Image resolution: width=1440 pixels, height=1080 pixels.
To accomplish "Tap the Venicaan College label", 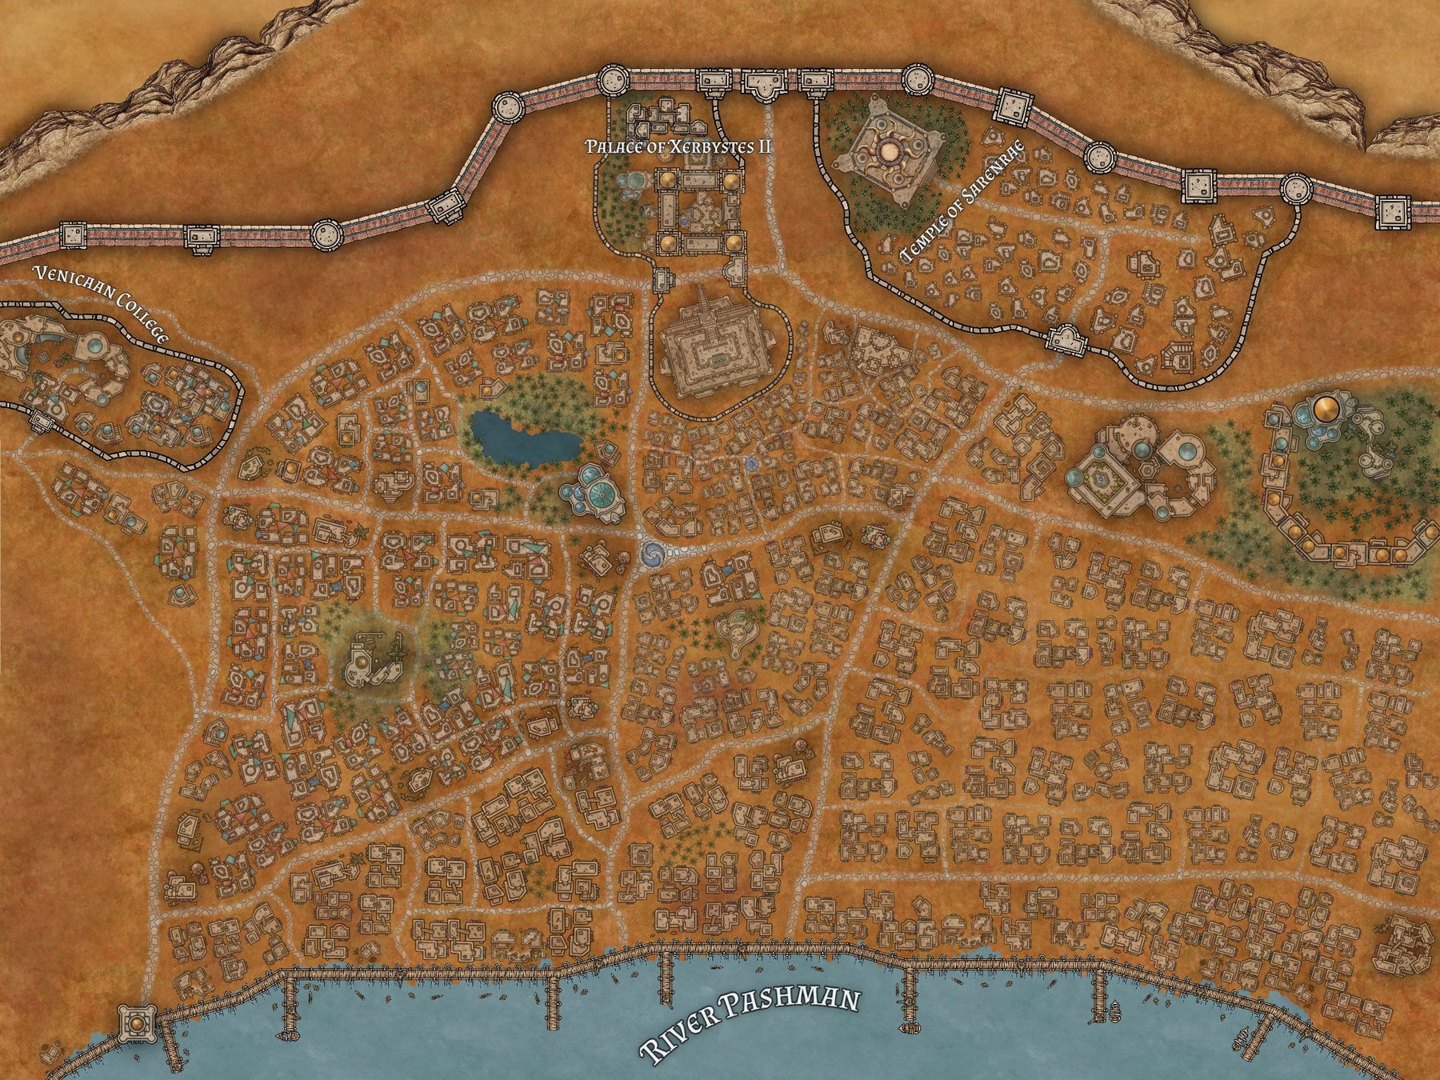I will click(x=100, y=305).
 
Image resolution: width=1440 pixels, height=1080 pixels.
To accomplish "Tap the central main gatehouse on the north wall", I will click(x=765, y=83).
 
